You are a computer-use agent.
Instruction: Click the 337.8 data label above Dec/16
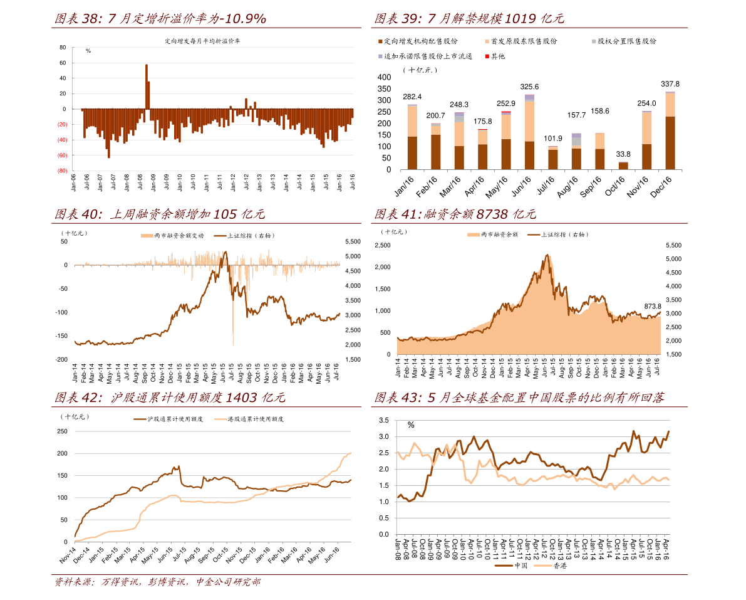(x=670, y=84)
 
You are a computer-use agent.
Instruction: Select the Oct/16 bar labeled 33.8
(x=623, y=166)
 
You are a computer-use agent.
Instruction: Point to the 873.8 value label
(x=653, y=307)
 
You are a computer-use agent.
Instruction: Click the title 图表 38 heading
(x=160, y=19)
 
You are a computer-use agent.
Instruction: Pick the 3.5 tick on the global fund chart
(x=383, y=420)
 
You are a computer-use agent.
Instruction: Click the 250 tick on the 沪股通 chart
(x=62, y=431)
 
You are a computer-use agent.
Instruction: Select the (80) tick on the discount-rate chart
(x=62, y=171)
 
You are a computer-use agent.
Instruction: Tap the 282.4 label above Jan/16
(x=412, y=97)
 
